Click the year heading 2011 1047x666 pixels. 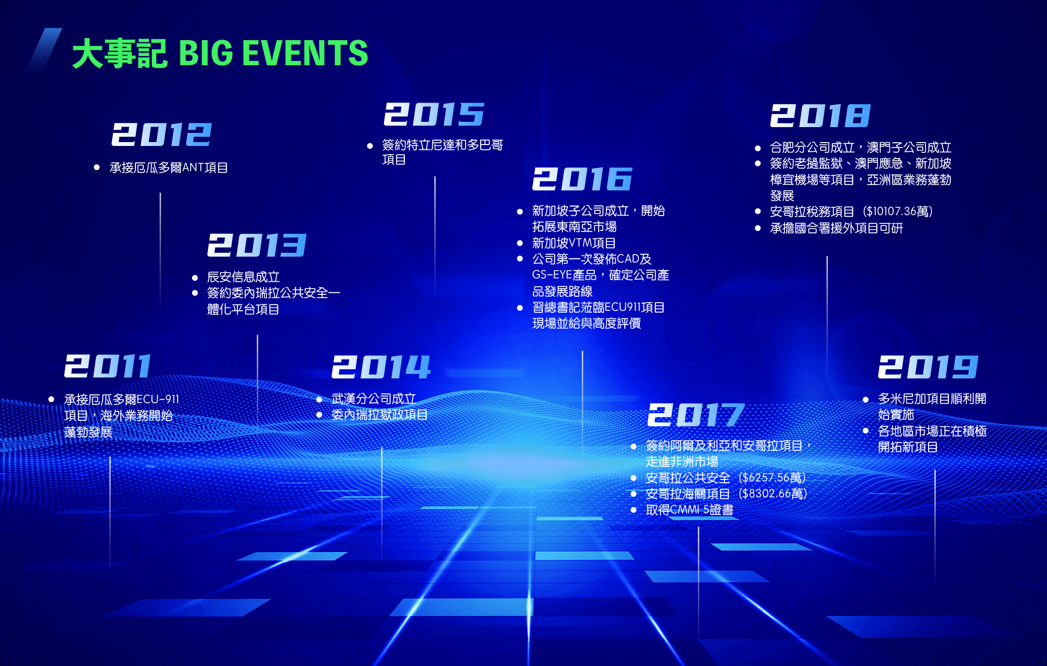point(108,366)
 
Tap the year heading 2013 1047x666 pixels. point(257,245)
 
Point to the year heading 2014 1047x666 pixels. point(381,367)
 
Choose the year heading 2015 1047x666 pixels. point(434,114)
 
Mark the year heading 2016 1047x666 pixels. point(582,179)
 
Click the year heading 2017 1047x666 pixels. point(696,415)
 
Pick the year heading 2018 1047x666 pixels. point(820,116)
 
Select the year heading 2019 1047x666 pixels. point(928,367)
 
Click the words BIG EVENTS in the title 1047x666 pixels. point(274,53)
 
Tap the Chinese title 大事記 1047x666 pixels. point(119,53)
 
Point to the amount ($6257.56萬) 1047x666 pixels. point(772,478)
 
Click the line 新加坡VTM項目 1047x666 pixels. point(574,243)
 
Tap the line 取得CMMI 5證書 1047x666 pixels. point(689,510)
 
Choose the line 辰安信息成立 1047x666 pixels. point(243,277)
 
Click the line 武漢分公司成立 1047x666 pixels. point(374,399)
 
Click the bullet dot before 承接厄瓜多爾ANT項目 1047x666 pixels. point(97,168)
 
